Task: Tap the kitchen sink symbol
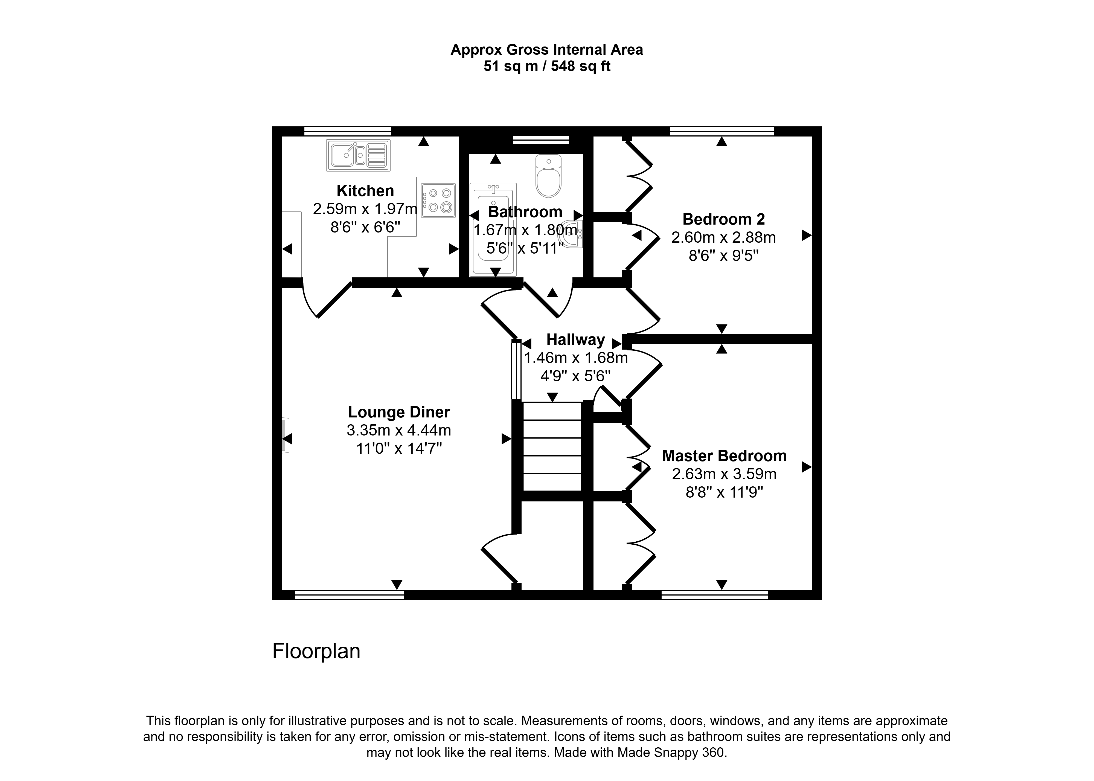click(x=358, y=155)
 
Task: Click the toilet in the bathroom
click(x=548, y=176)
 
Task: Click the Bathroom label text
click(x=525, y=212)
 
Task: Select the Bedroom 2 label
click(x=723, y=219)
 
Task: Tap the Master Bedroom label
click(x=724, y=456)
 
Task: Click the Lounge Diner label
click(x=399, y=412)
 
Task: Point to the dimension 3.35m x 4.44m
click(x=399, y=430)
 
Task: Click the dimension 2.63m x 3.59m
click(x=724, y=474)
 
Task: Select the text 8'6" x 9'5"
click(x=723, y=256)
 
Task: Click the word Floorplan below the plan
click(x=316, y=651)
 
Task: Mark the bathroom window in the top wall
click(x=541, y=140)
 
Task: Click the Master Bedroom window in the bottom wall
click(x=715, y=595)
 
